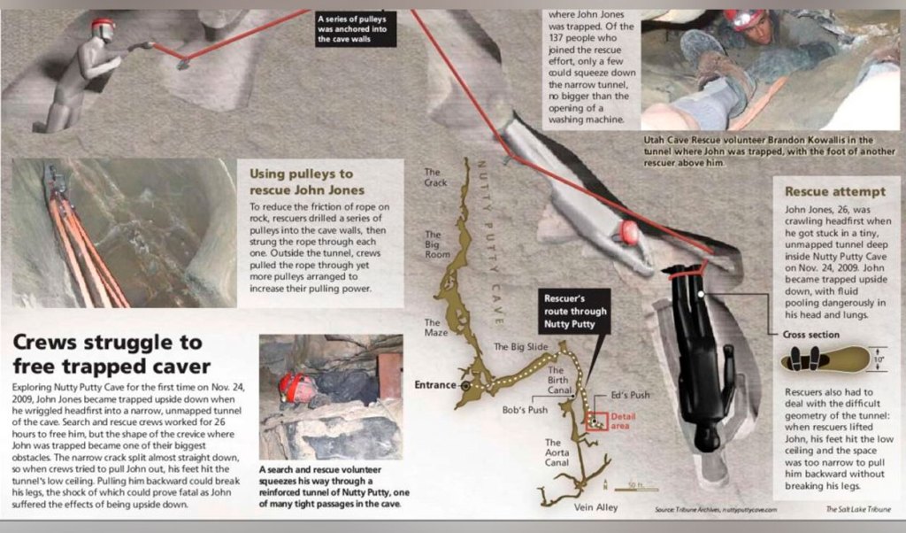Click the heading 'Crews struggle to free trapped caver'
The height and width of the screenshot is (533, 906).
coord(112,354)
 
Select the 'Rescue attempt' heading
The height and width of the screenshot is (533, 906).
coord(835,191)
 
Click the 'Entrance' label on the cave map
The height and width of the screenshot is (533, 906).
coord(435,384)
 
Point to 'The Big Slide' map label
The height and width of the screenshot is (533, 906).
coord(520,346)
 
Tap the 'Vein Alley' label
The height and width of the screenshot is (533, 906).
coord(595,507)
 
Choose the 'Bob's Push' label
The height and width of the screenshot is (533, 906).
coord(525,410)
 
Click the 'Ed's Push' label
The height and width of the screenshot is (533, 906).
coord(630,395)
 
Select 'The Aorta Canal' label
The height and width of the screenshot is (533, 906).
coord(557,452)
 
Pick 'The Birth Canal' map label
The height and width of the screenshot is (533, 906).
coord(559,380)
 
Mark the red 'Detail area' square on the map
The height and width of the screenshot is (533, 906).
coord(597,421)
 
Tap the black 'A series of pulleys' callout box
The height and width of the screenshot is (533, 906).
coord(356,29)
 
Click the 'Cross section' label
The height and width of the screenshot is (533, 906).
coord(810,334)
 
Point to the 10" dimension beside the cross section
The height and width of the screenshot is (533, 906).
coord(879,359)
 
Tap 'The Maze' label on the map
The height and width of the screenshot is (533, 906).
coord(436,328)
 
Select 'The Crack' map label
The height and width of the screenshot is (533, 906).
coord(435,177)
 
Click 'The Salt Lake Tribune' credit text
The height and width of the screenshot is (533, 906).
coord(858,509)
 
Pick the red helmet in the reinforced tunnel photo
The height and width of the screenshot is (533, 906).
coord(292,386)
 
